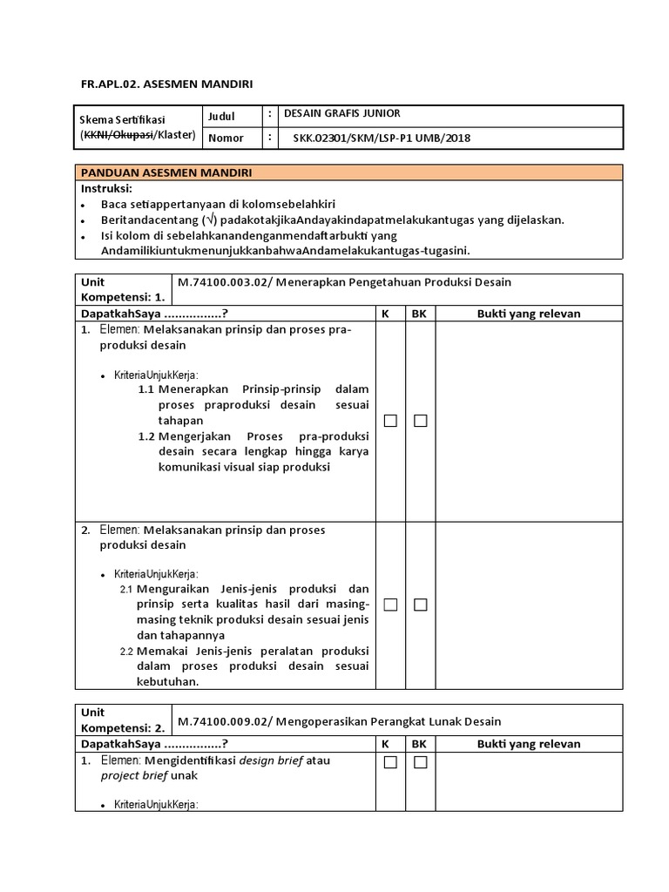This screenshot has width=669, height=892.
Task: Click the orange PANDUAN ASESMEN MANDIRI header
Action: click(x=166, y=172)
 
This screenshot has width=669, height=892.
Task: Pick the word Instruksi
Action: click(x=106, y=188)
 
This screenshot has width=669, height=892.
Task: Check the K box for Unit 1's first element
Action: click(x=390, y=421)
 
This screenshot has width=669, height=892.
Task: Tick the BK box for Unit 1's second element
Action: click(x=421, y=605)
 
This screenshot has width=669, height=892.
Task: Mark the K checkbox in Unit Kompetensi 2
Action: click(x=390, y=762)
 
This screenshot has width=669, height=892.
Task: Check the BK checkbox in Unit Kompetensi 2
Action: click(x=421, y=762)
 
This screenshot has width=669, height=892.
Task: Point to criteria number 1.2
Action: click(x=145, y=436)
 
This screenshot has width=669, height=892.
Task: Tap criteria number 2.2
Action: click(x=126, y=652)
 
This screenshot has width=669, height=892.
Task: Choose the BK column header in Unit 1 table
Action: click(x=419, y=314)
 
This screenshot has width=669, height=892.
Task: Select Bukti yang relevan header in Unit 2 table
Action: click(x=529, y=744)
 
